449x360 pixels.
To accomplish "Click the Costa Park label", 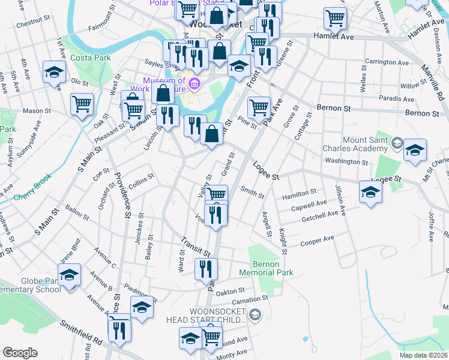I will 88,58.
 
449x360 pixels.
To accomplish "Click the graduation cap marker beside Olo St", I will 54,73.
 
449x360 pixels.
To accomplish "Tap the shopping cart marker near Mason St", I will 82,104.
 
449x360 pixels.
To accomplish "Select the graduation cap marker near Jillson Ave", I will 370,193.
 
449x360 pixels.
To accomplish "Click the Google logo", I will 20,353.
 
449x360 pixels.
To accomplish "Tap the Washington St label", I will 346,161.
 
